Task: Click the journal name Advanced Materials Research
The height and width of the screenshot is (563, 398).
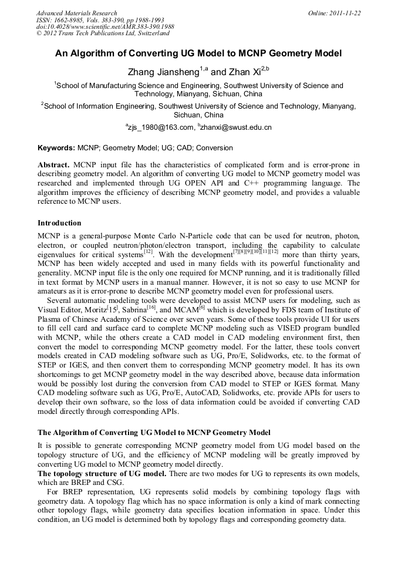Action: click(76, 13)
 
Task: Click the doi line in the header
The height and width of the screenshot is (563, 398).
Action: click(105, 27)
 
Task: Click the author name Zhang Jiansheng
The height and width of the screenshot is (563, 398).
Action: click(163, 72)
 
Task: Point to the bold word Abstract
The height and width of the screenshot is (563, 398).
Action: click(54, 166)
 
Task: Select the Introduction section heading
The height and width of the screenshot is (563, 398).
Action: click(59, 223)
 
